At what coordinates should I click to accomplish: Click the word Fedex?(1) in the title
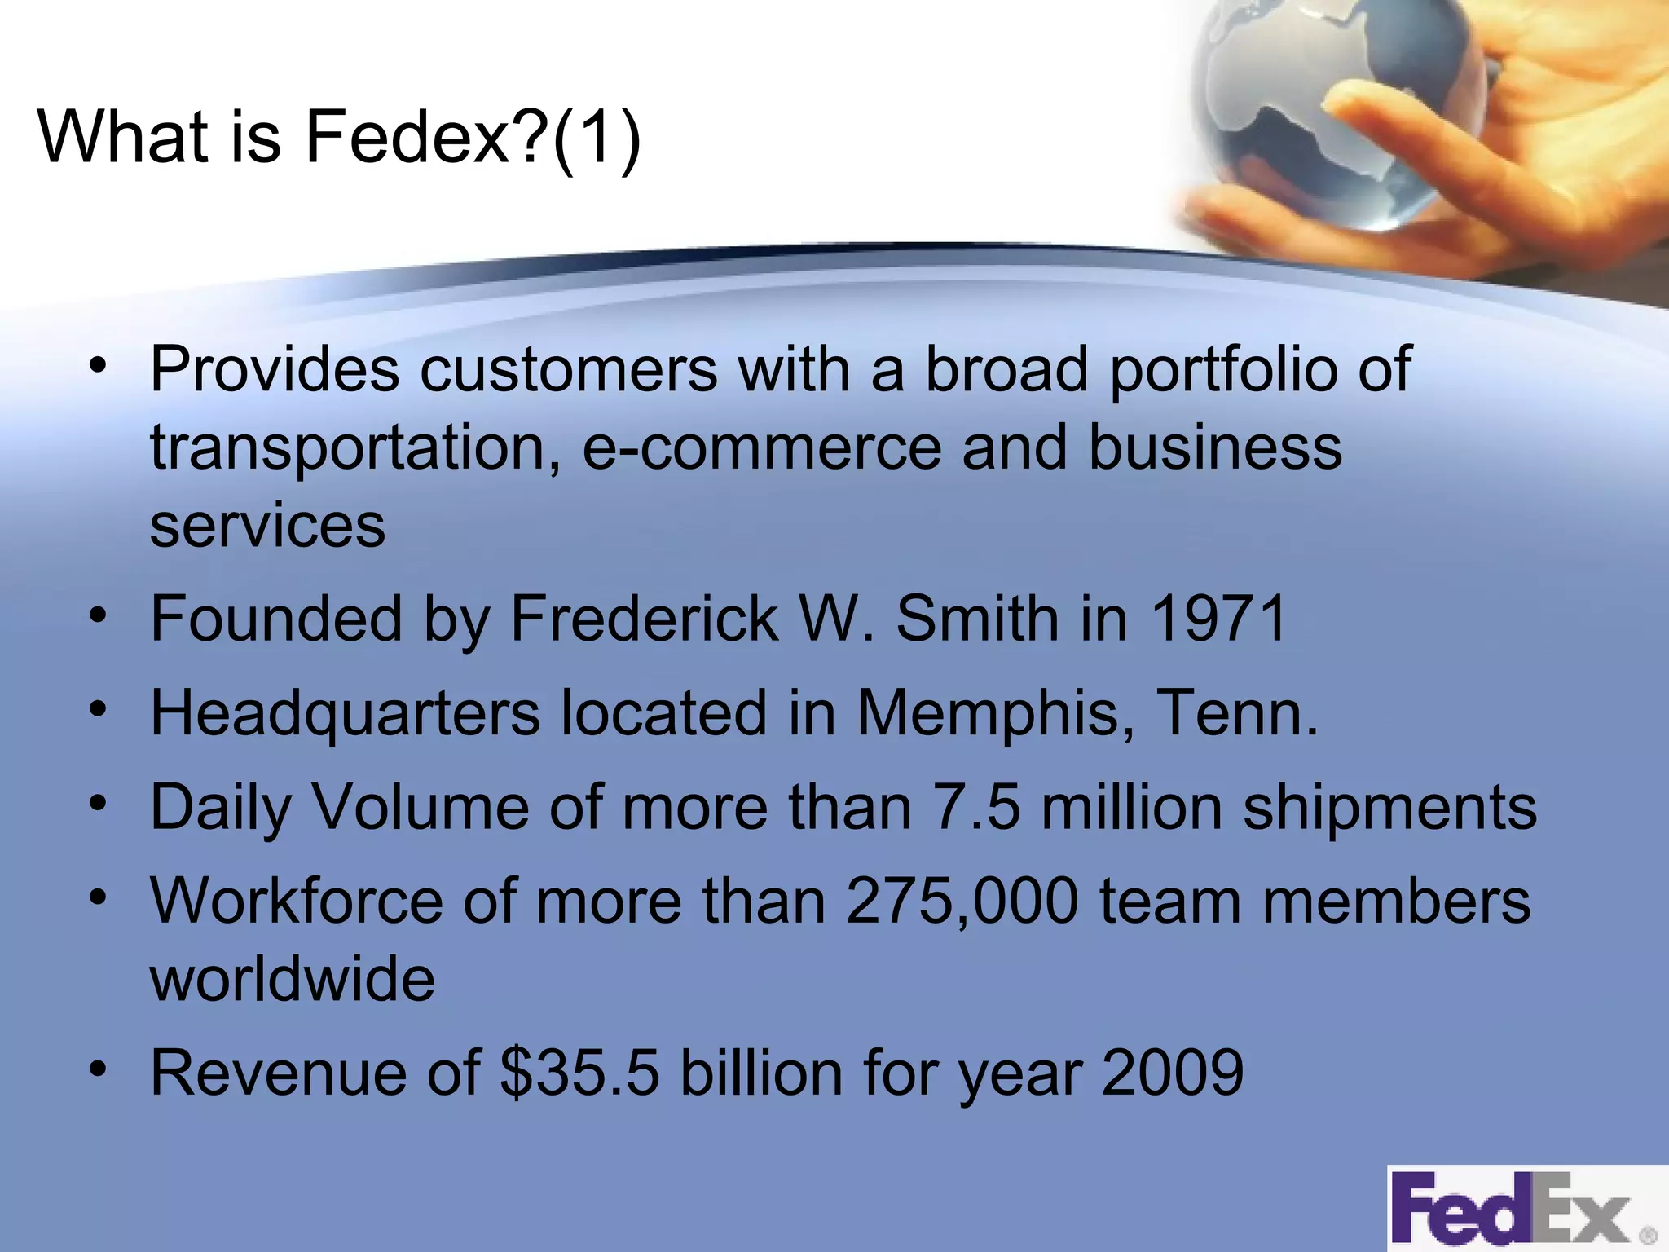pyautogui.click(x=473, y=137)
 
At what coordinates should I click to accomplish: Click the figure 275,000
pyautogui.click(x=962, y=902)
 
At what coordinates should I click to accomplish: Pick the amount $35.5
pyautogui.click(x=579, y=1073)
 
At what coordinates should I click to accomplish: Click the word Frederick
pyautogui.click(x=644, y=618)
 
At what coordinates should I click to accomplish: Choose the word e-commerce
pyautogui.click(x=761, y=448)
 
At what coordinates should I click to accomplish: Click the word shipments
pyautogui.click(x=1389, y=808)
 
